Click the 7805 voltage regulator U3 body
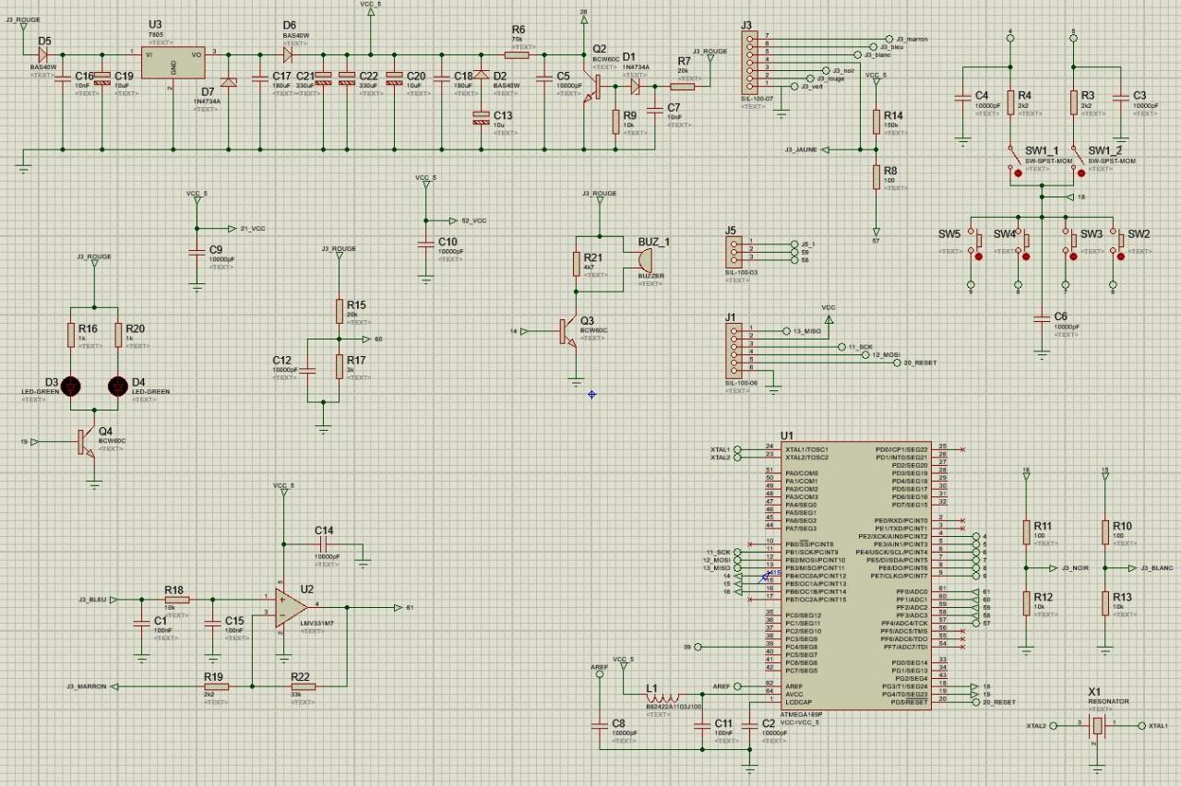point(174,67)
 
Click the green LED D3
point(71,385)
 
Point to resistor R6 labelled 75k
point(518,54)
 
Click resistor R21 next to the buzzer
point(579,263)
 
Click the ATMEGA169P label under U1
point(800,713)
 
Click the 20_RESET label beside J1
point(920,363)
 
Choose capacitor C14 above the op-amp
point(323,543)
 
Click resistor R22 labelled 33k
point(302,686)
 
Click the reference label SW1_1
point(1042,150)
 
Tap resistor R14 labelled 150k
point(877,122)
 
